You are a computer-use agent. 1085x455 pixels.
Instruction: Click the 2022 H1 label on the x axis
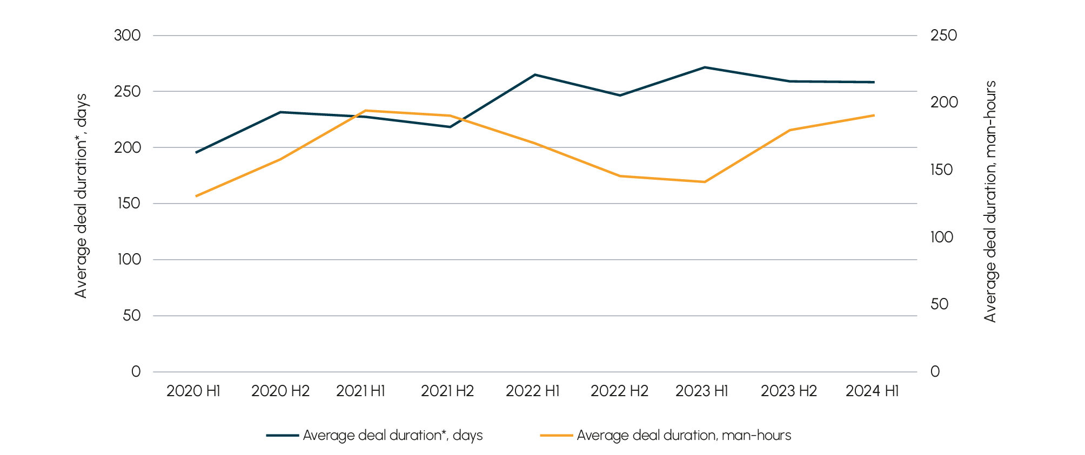click(532, 391)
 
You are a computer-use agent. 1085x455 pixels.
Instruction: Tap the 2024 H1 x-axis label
click(872, 391)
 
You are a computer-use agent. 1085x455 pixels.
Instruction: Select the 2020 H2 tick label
click(280, 391)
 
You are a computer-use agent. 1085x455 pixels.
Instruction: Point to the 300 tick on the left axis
click(127, 36)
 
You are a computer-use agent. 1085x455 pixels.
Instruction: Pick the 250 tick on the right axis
click(943, 36)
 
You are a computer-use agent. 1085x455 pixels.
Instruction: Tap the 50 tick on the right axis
click(939, 304)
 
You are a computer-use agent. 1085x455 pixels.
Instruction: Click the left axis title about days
click(81, 196)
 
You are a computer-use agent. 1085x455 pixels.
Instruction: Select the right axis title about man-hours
click(990, 202)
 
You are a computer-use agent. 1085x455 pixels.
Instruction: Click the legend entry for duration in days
click(392, 436)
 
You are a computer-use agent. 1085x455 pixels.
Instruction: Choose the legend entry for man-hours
click(684, 436)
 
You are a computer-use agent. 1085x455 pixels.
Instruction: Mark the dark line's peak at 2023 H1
click(705, 67)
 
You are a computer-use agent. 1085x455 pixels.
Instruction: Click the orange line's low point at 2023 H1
click(705, 182)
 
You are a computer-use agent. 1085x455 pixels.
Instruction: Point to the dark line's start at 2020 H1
click(196, 153)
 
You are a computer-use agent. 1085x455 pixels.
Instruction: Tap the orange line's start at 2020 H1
click(196, 196)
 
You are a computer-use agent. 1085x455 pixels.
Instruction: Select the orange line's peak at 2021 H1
click(365, 110)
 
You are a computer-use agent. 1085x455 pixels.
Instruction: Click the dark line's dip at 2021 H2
click(450, 127)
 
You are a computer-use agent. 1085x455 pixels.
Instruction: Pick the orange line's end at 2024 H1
click(874, 115)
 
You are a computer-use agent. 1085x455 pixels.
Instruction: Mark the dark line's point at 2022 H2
click(620, 96)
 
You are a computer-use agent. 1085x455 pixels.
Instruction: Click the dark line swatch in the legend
click(282, 436)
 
